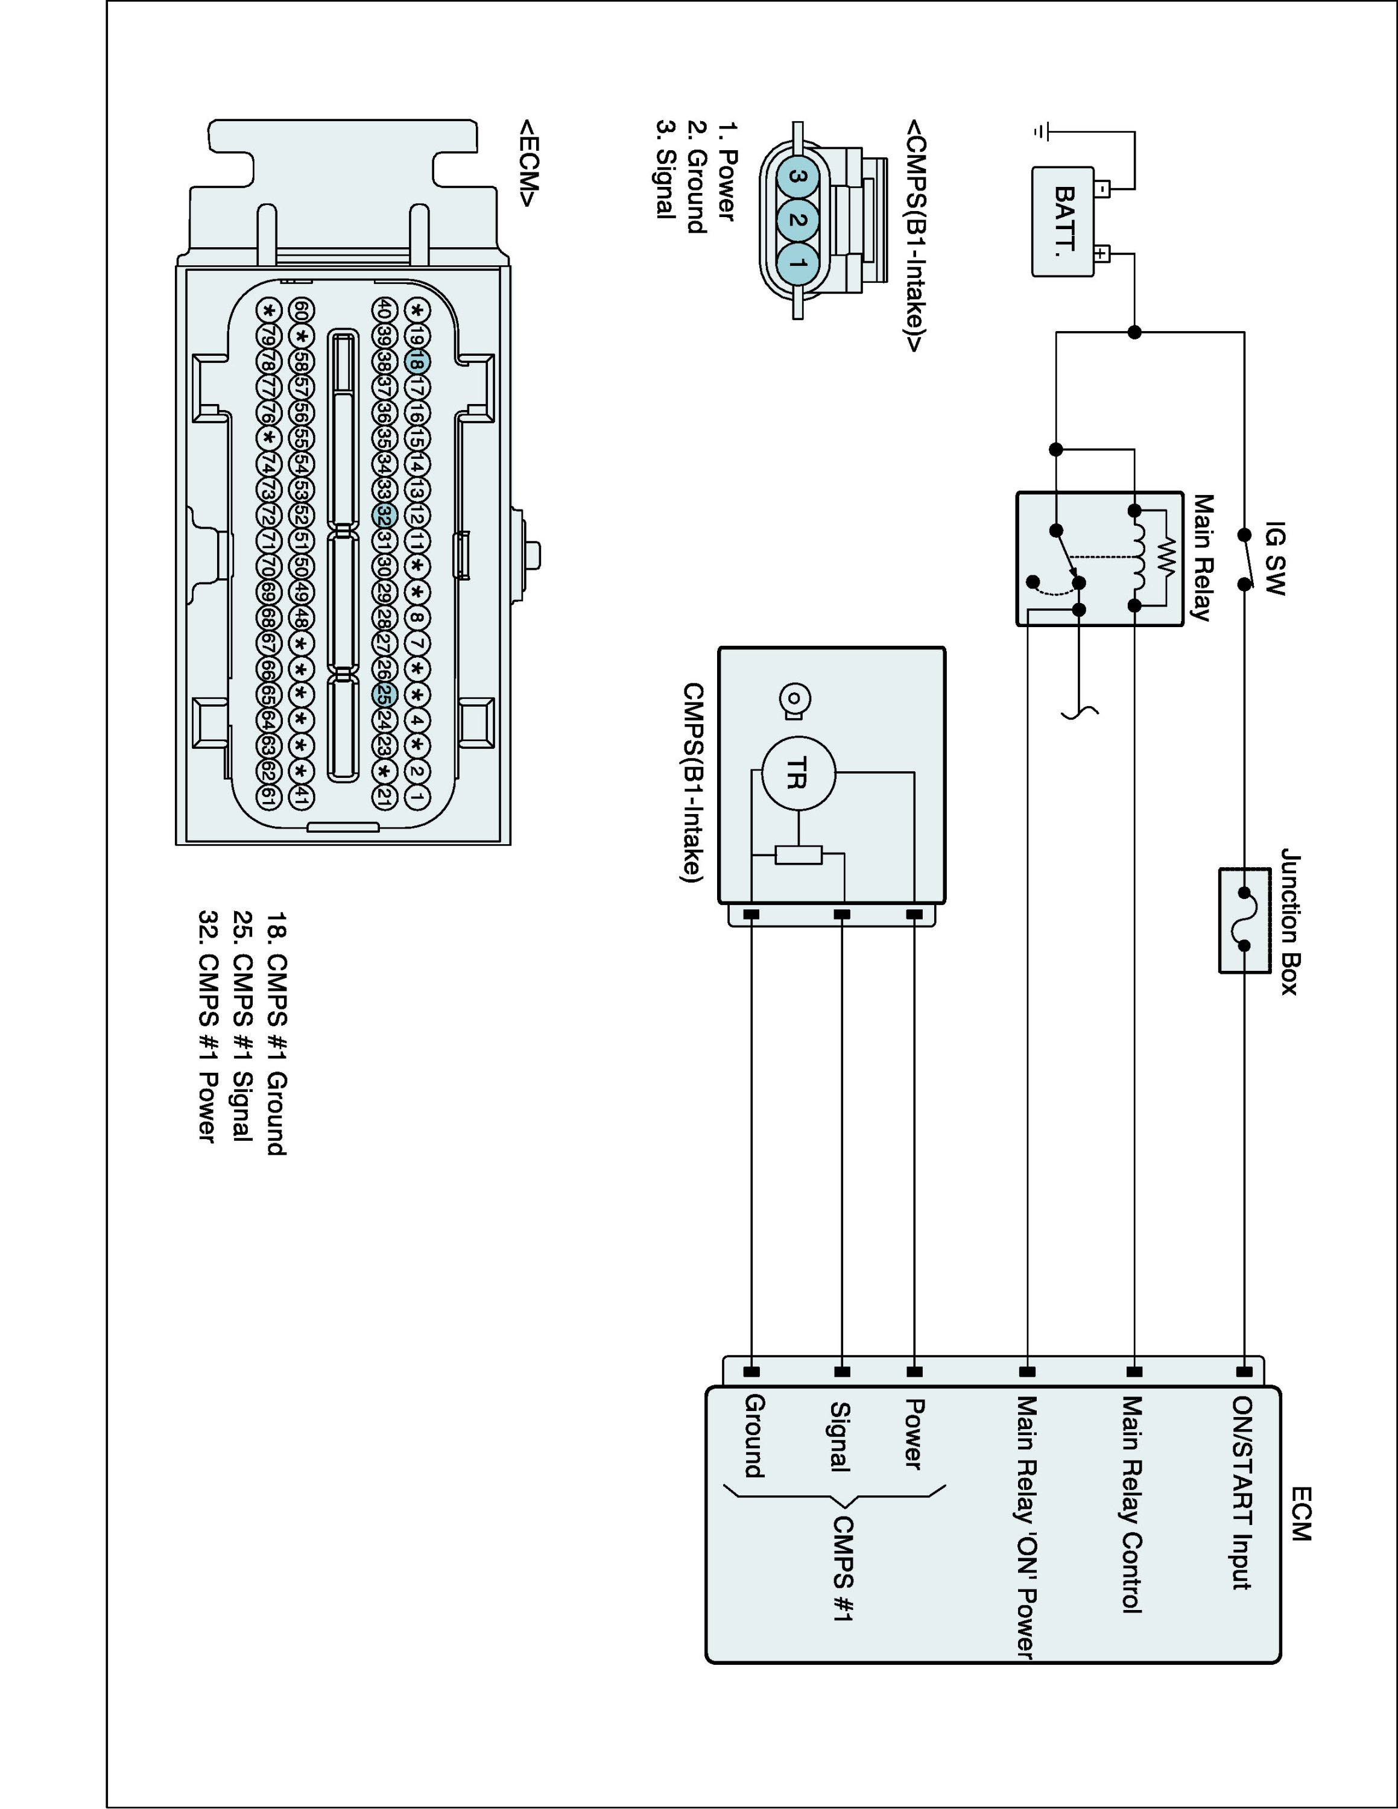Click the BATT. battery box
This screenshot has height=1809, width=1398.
(1063, 221)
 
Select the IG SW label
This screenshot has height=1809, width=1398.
(1276, 557)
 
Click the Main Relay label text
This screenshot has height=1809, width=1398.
(1203, 557)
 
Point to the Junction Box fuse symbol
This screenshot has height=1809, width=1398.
(1244, 920)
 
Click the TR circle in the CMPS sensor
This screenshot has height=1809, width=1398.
(797, 773)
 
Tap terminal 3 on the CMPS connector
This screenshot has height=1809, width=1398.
(797, 177)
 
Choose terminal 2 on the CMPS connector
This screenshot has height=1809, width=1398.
(797, 220)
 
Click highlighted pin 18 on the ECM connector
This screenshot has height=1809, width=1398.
(417, 362)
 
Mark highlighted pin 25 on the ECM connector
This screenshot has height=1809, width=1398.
(382, 695)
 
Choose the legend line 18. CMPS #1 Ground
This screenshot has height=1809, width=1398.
(277, 1033)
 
